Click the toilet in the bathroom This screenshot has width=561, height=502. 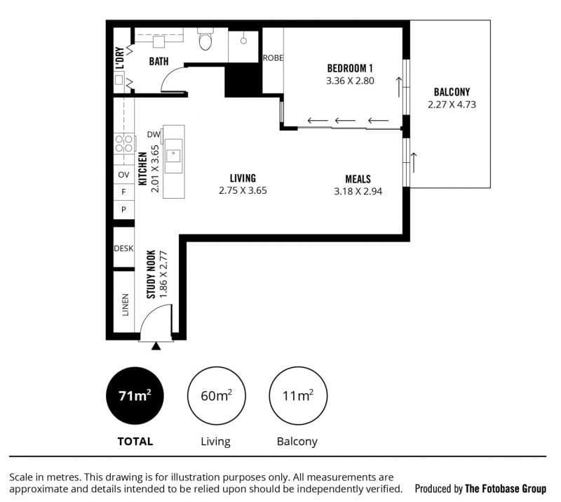205,39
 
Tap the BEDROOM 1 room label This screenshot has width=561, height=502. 350,68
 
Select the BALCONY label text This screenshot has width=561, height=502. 452,92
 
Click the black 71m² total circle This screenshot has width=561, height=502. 135,395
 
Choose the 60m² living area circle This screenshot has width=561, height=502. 216,395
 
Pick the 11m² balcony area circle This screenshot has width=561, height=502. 298,395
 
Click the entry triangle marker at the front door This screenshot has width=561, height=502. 156,346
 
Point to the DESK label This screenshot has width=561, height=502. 123,249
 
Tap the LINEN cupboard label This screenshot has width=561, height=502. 125,305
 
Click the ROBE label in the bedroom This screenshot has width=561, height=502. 273,58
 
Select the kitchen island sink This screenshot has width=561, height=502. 174,156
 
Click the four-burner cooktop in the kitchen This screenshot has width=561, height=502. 124,143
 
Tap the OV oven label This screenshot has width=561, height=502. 123,175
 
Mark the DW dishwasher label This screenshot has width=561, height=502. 154,135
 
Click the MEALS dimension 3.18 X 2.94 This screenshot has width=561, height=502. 358,192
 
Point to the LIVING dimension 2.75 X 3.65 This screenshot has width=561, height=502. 243,190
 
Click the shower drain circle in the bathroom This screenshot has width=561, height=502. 243,41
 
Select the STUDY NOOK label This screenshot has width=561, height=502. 151,274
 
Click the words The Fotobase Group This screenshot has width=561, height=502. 506,489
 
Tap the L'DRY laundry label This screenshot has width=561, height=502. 120,58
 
